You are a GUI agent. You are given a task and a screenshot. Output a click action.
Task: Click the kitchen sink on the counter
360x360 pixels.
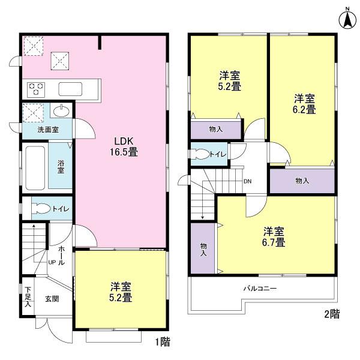coord(72,89)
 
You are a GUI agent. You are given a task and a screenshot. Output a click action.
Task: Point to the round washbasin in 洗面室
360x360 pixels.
coord(60,112)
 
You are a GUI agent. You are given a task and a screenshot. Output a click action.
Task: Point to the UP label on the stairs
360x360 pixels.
coord(52,262)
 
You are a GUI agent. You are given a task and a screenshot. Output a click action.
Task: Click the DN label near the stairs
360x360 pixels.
coord(247,182)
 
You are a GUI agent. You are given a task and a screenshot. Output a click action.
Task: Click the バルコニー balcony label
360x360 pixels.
coord(260,288)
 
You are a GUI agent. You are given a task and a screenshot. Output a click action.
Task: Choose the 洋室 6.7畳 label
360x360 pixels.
coord(274,237)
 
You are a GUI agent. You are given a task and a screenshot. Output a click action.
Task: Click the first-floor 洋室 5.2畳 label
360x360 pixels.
coord(121,291)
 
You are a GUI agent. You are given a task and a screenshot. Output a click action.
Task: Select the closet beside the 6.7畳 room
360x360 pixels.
coord(203,248)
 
